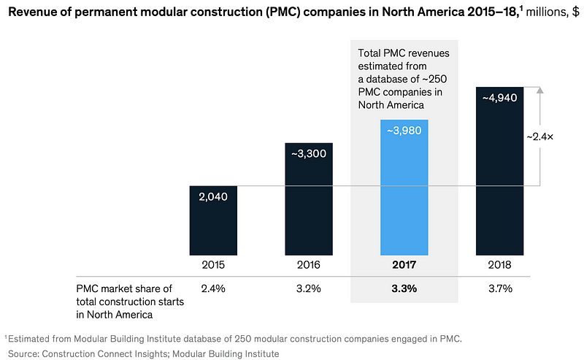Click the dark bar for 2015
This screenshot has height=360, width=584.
(x=212, y=219)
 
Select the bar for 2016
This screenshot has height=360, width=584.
(x=309, y=197)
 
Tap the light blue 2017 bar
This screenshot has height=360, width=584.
(x=404, y=186)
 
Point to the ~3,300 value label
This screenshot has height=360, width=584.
(x=309, y=154)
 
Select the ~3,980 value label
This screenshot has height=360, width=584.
(x=404, y=131)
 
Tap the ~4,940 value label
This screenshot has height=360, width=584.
(x=499, y=98)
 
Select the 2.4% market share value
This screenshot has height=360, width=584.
(x=212, y=288)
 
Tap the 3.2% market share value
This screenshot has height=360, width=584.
(x=309, y=288)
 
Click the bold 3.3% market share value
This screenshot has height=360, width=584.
(x=404, y=288)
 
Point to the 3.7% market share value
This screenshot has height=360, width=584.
(x=499, y=288)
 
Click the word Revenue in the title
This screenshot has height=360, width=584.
(x=34, y=12)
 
